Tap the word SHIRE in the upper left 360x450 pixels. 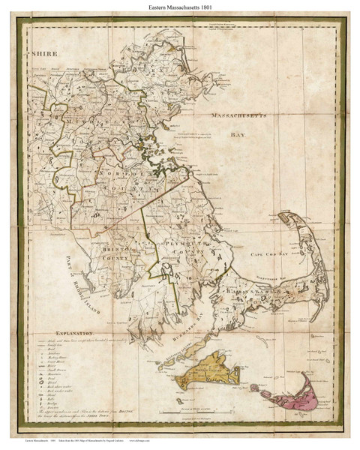(x=44, y=55)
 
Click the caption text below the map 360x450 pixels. (x=112, y=444)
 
